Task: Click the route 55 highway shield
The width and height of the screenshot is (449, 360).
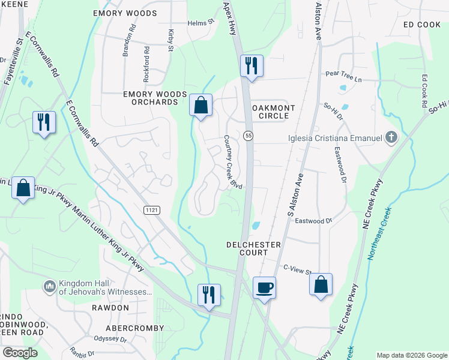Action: coord(248,137)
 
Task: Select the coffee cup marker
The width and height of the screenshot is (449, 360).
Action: coord(264,288)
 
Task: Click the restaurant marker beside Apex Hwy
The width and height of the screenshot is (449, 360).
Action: coord(252,65)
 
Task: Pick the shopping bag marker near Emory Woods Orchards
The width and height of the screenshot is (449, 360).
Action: coord(201,105)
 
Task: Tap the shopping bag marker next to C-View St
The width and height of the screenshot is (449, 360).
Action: coord(321,284)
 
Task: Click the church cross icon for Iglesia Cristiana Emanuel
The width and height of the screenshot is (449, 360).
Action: coord(391,139)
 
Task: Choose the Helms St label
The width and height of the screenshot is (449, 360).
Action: coord(201,22)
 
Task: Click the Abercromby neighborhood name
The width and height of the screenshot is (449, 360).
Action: coord(134,328)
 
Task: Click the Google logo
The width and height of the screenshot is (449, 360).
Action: coord(20,353)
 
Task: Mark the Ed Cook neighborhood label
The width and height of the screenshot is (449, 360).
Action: coord(422,25)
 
